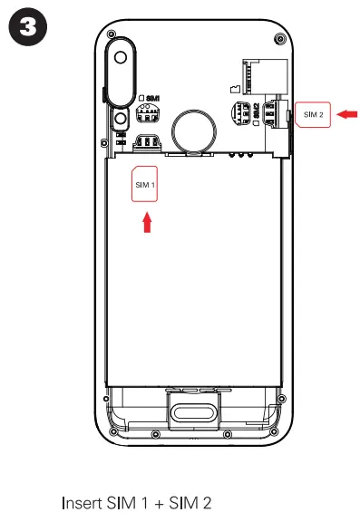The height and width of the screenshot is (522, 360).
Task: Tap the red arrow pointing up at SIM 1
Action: (x=146, y=222)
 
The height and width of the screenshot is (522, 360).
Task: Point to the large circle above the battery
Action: (x=193, y=128)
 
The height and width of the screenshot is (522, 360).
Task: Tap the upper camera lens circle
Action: (x=120, y=55)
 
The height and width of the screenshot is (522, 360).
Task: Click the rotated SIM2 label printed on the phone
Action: (x=257, y=112)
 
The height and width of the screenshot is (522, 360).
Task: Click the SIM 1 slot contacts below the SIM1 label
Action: (x=142, y=114)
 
